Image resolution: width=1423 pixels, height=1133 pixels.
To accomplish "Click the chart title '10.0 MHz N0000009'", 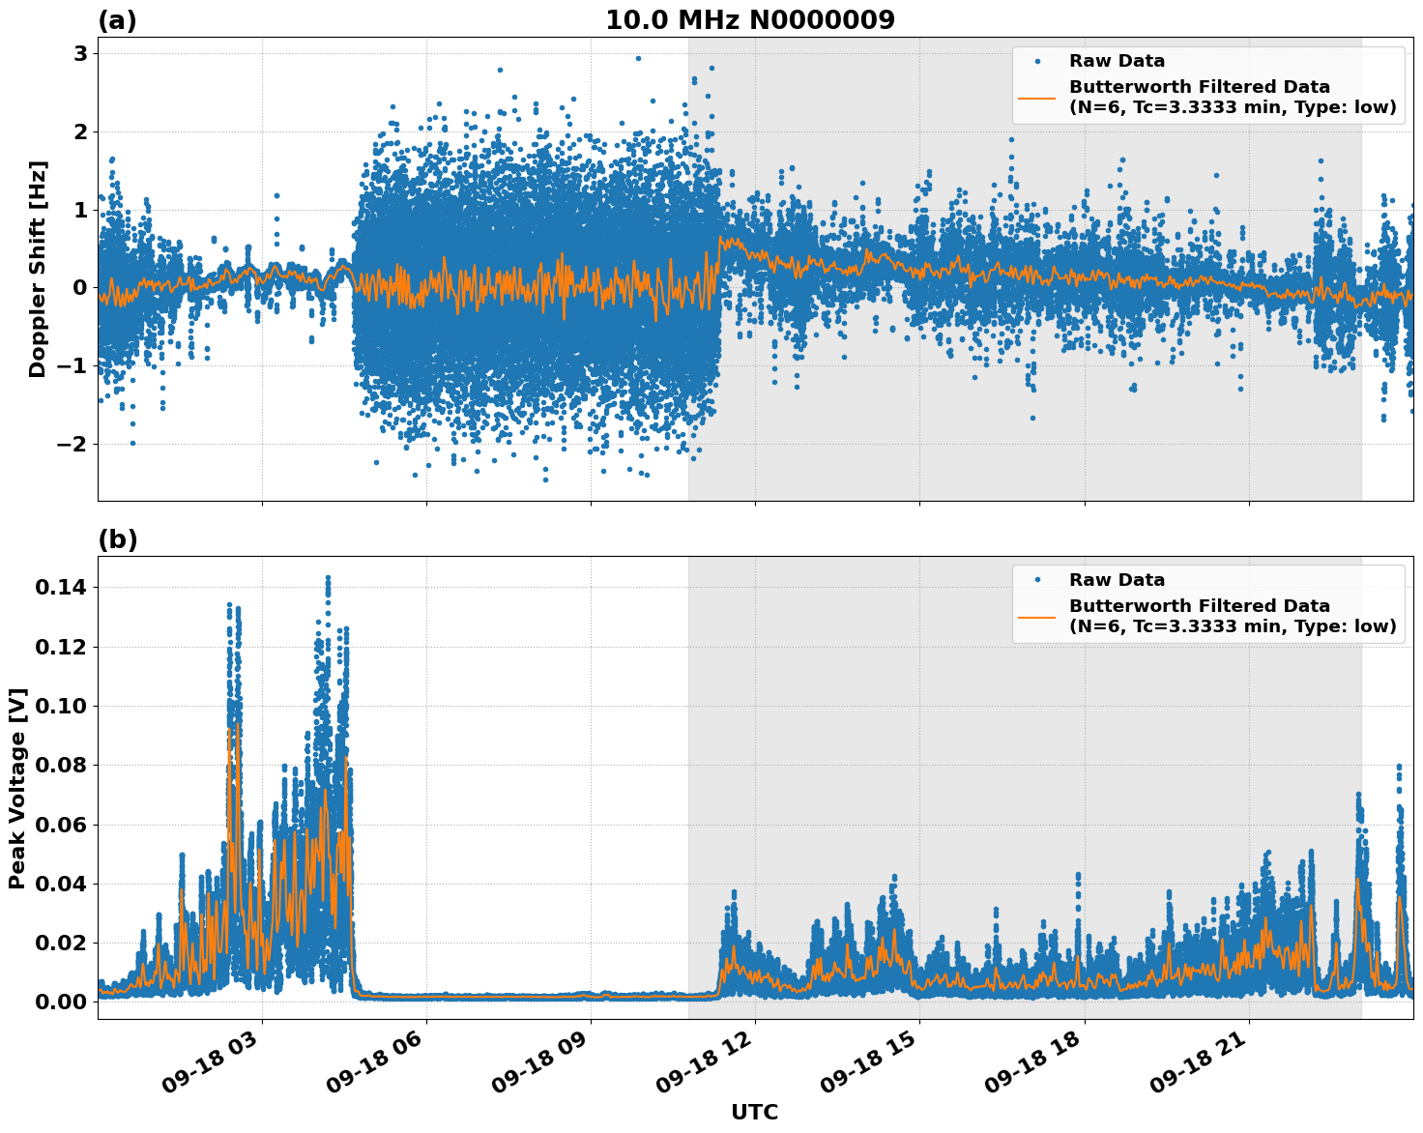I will click(749, 20).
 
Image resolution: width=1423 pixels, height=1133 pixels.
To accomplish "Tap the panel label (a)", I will click(117, 20).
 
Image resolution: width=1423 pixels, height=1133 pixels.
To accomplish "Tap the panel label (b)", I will click(117, 539).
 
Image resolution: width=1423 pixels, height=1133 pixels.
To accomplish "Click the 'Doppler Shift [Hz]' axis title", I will click(38, 269).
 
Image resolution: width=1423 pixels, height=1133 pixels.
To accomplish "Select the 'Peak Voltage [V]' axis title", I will click(16, 788).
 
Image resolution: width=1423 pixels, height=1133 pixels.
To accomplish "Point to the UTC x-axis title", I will click(754, 1112).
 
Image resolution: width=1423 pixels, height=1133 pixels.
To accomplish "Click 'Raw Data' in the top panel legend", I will click(1117, 61).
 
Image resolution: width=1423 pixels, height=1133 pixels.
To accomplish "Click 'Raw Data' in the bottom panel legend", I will click(1117, 580).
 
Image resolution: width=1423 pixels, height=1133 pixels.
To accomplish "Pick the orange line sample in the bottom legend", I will click(1036, 616).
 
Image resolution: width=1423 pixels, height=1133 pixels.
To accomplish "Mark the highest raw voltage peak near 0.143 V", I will click(328, 578).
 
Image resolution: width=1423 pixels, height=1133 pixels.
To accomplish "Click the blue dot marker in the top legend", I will click(1036, 61).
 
